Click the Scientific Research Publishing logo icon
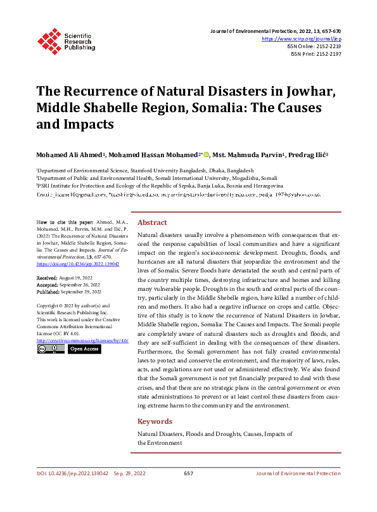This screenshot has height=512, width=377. (47, 40)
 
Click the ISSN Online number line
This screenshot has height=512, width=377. (314, 46)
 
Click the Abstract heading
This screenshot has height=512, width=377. (152, 223)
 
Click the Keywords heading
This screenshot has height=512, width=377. (155, 421)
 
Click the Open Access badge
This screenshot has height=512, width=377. (85, 349)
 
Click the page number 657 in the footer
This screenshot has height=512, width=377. (188, 473)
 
